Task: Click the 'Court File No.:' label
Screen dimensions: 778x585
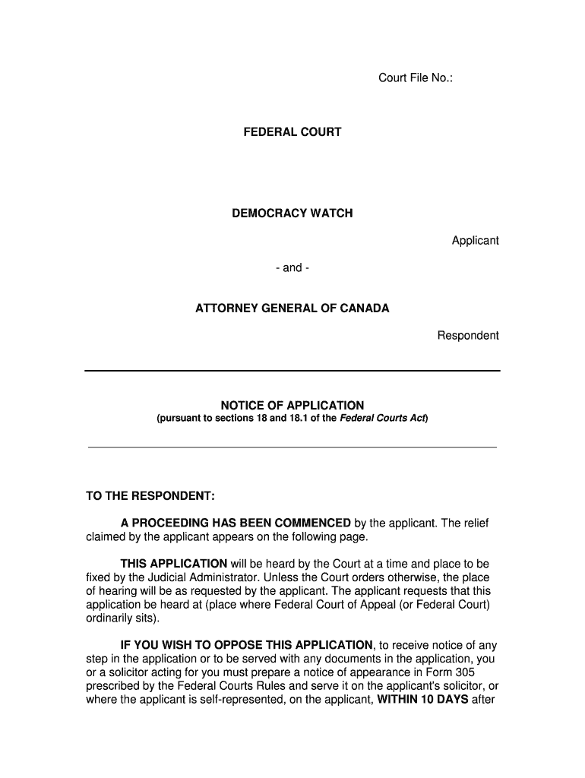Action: click(x=416, y=77)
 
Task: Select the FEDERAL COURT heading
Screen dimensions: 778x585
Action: click(x=292, y=132)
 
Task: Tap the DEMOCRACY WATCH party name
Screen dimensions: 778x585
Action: click(x=292, y=213)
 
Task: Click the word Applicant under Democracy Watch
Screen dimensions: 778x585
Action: click(x=475, y=240)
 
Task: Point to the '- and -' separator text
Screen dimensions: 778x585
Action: click(x=292, y=267)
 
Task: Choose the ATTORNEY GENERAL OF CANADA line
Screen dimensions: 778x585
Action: click(x=292, y=308)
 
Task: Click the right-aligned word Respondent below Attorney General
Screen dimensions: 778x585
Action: click(x=467, y=335)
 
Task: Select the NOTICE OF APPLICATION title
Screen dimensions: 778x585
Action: click(x=292, y=406)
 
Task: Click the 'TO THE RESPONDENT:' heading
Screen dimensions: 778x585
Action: click(x=150, y=496)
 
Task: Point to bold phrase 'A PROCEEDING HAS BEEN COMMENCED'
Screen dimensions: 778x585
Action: click(x=236, y=523)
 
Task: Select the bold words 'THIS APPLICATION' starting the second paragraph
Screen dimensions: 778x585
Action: click(x=173, y=564)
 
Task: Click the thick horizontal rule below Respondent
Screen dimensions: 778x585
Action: click(x=292, y=371)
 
